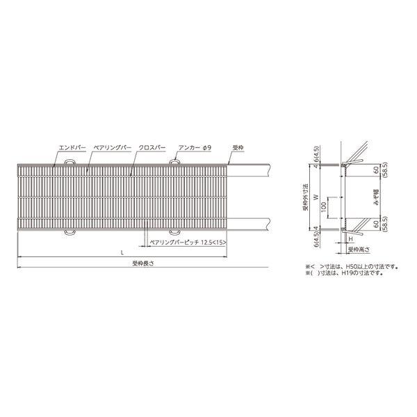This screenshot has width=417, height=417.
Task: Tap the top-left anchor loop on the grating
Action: [x=69, y=162]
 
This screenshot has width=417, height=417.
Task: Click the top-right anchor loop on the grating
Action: [x=174, y=162]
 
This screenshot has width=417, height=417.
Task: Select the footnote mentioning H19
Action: [x=341, y=273]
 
